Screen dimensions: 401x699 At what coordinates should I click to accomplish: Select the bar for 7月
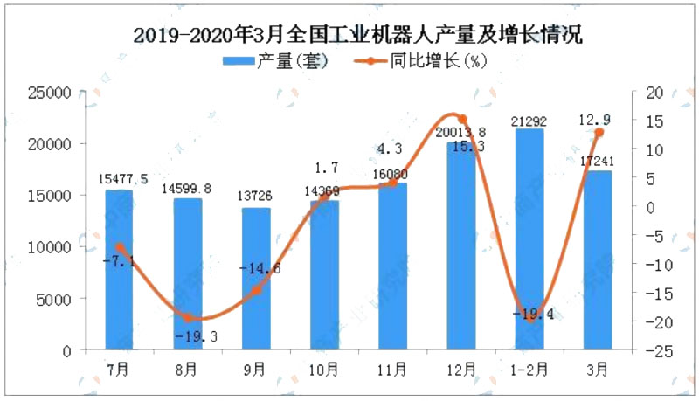(x=120, y=270)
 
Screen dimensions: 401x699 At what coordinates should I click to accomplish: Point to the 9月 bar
(x=256, y=279)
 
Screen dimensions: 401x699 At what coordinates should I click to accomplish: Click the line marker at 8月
(x=188, y=318)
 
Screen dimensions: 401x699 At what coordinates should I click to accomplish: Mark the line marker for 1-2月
(x=530, y=318)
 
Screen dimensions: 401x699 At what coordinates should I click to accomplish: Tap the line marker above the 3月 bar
(x=599, y=133)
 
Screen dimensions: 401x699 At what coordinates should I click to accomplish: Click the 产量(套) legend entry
(x=273, y=61)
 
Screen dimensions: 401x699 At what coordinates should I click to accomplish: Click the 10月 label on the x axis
(x=324, y=369)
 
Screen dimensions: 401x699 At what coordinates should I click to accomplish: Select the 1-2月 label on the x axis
(x=530, y=369)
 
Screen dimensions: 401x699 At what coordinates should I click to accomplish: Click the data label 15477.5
(x=120, y=178)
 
